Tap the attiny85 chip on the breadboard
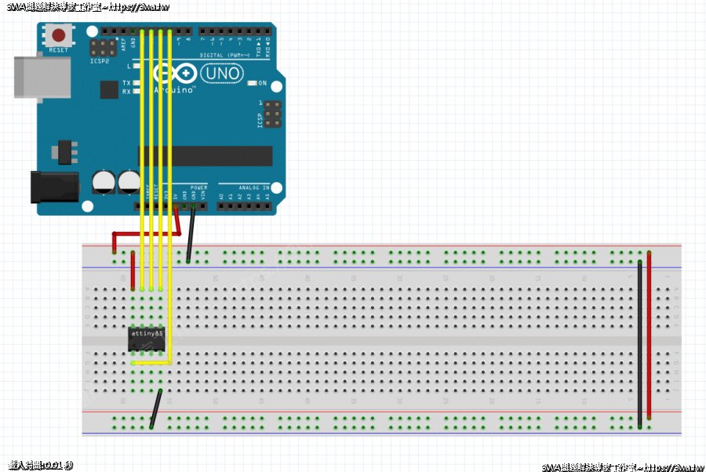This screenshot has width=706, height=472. click(x=147, y=337)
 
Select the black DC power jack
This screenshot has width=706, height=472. click(x=55, y=187)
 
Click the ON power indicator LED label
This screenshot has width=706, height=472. click(x=263, y=83)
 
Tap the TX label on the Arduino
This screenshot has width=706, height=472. click(x=126, y=83)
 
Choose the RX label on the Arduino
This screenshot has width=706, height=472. click(x=126, y=92)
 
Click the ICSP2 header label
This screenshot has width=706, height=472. click(x=100, y=60)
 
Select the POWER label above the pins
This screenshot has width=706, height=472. click(x=198, y=188)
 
